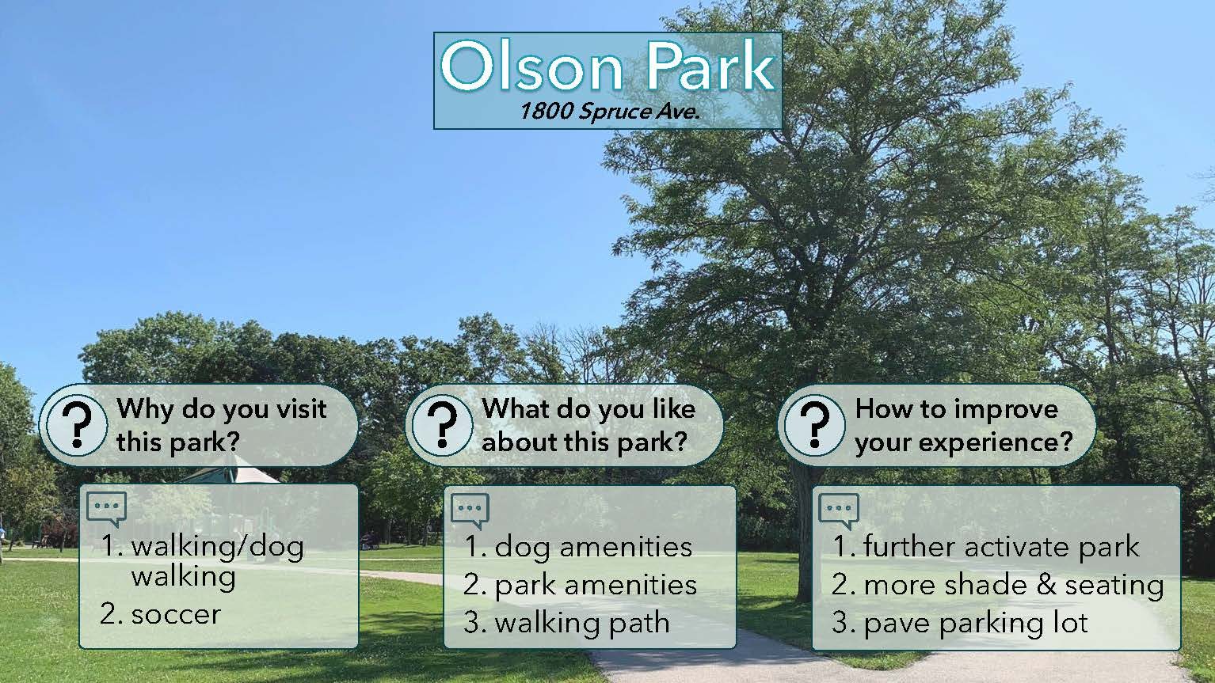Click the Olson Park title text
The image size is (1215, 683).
[x=607, y=66]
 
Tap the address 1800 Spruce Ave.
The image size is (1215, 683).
[x=609, y=112]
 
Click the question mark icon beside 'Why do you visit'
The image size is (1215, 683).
[x=77, y=425]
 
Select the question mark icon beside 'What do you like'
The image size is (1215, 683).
[x=442, y=425]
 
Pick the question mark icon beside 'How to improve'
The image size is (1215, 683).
[x=815, y=425]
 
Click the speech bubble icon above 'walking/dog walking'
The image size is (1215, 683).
[x=106, y=509]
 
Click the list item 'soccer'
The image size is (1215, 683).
[x=161, y=615]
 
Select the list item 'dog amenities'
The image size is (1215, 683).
[x=578, y=547]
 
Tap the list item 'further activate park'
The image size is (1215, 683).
[x=985, y=546]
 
